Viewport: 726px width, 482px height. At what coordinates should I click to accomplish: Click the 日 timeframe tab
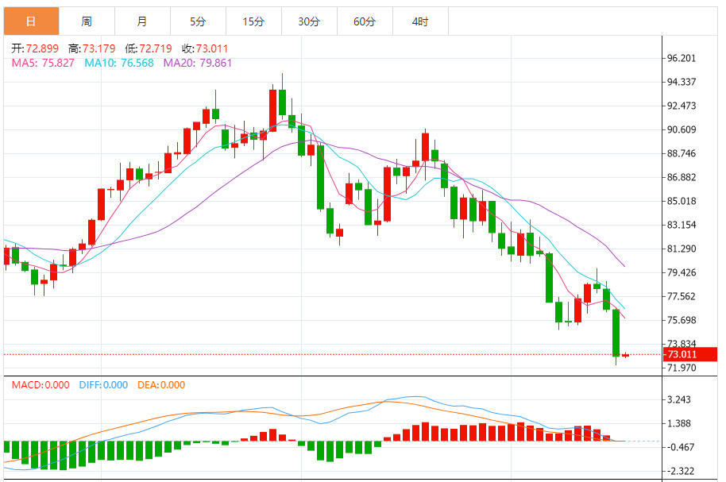point(31,21)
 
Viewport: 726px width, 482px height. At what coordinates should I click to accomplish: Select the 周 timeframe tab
point(87,21)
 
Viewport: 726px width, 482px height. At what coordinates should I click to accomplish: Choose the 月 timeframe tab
point(142,21)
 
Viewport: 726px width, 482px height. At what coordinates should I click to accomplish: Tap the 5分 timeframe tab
point(198,21)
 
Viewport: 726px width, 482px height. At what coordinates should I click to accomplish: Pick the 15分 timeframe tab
point(253,21)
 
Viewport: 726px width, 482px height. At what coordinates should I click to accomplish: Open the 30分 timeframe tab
point(309,21)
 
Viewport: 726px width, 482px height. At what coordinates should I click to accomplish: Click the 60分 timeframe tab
point(365,21)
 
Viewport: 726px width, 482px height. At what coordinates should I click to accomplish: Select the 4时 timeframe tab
point(420,21)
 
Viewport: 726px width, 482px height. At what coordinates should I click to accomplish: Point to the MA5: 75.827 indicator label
point(44,63)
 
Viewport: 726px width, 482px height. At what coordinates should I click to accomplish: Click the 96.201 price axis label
point(682,59)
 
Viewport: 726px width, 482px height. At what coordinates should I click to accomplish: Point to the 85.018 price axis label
point(682,201)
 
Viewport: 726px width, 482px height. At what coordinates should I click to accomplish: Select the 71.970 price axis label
point(682,368)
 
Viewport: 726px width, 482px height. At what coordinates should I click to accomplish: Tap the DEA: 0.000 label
point(161,385)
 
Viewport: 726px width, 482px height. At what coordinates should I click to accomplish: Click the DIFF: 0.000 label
point(103,385)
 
